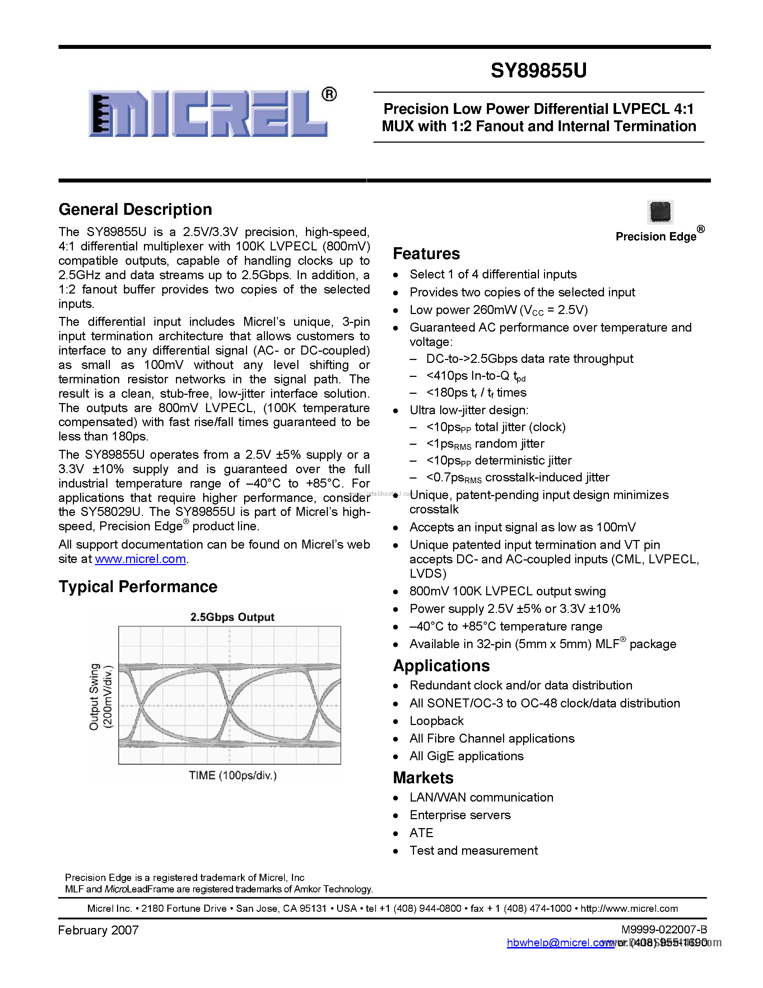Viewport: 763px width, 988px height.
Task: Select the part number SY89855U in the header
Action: (538, 70)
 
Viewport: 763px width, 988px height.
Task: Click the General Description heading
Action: (135, 209)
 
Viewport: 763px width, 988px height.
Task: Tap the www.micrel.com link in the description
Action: (140, 559)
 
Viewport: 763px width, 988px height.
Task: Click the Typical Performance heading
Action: (138, 587)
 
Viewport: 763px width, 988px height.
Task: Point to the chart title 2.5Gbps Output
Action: (232, 617)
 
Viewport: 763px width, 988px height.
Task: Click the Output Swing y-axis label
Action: (94, 697)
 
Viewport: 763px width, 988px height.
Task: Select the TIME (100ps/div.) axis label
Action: (232, 775)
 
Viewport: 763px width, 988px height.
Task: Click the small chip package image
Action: (660, 212)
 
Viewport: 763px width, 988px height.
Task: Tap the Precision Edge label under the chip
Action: (656, 237)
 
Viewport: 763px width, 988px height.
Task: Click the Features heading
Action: (426, 254)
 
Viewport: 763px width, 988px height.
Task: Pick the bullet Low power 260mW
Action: (499, 310)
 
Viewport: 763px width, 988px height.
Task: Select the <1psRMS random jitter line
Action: (485, 444)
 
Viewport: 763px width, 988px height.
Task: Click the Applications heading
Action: (441, 666)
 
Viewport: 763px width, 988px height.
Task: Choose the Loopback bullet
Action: (437, 721)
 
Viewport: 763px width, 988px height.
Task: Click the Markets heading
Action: (423, 777)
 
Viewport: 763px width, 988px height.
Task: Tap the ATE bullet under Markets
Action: (421, 833)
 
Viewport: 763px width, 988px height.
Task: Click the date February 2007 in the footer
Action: (98, 930)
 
